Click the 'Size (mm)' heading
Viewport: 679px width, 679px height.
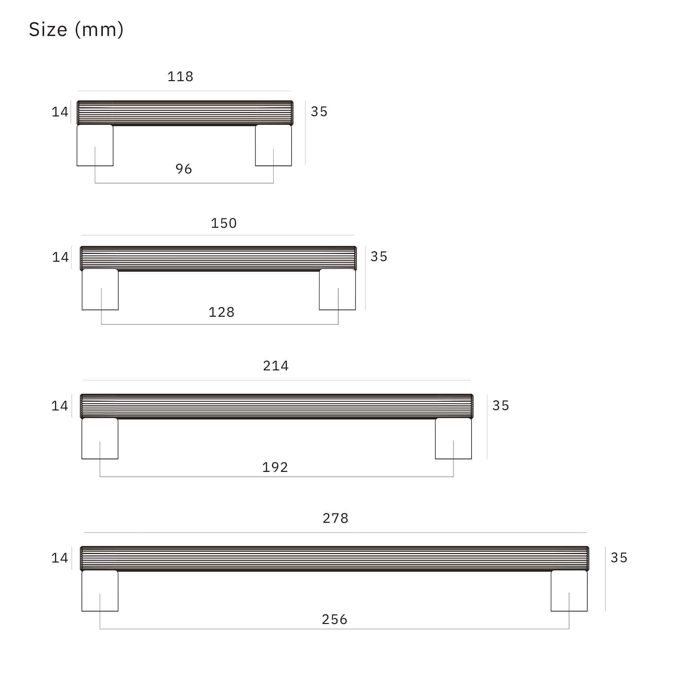tap(76, 30)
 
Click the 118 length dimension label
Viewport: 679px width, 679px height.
tap(180, 77)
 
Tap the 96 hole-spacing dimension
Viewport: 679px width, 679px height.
tap(184, 169)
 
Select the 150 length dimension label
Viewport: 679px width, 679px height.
tap(224, 223)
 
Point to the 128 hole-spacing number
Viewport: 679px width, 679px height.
tap(221, 312)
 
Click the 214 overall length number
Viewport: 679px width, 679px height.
tap(276, 366)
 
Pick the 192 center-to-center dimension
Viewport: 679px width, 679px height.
tap(275, 467)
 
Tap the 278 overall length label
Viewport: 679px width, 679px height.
tap(336, 518)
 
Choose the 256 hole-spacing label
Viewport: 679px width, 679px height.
tap(335, 619)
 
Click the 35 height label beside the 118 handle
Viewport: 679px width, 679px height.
tap(319, 112)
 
